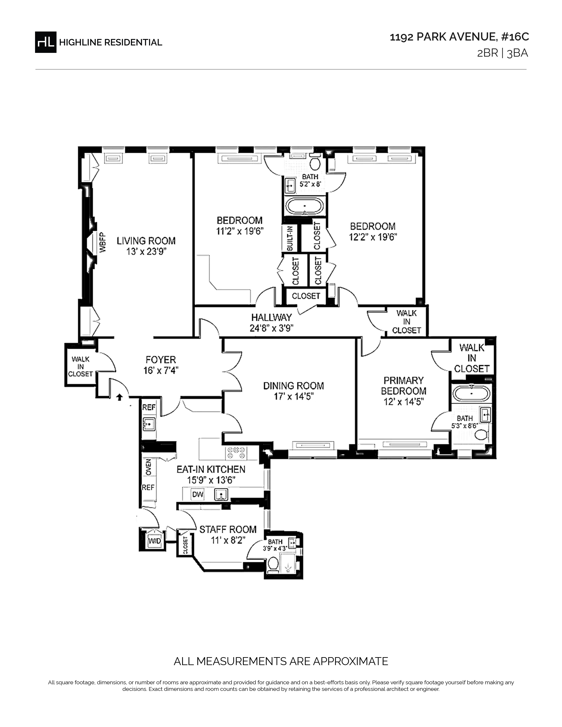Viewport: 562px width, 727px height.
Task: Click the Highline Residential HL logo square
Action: click(x=46, y=42)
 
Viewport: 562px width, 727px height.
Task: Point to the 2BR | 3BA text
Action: click(x=502, y=53)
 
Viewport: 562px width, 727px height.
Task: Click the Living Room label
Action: click(x=146, y=241)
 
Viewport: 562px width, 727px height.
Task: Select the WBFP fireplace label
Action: click(x=102, y=242)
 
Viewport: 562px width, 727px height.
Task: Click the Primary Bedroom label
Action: click(x=404, y=386)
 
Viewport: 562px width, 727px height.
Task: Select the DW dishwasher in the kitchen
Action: click(x=197, y=495)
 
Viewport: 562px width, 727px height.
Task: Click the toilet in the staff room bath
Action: click(x=273, y=564)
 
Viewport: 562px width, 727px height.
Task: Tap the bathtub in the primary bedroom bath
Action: click(x=471, y=393)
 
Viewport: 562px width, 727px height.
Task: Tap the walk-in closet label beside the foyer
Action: click(x=81, y=367)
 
